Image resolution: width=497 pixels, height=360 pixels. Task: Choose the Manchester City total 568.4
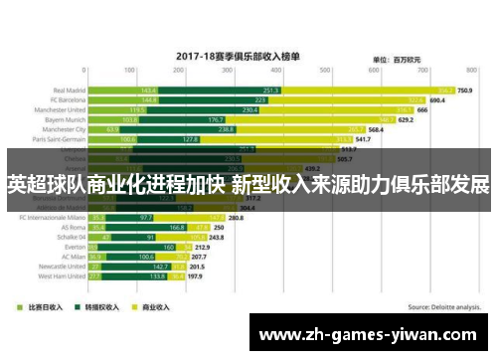click(x=404, y=129)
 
